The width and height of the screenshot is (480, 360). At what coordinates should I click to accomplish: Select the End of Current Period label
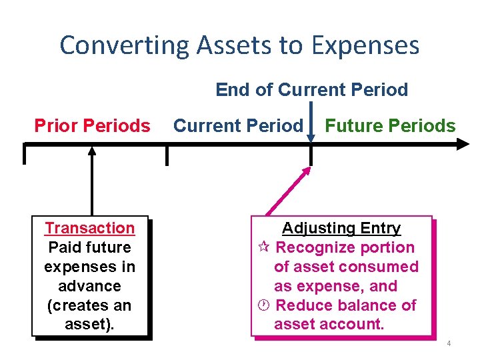pos(311,90)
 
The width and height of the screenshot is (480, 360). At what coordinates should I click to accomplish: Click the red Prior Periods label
pos(92,125)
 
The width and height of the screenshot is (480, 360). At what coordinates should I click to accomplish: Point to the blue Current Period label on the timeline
pos(237,125)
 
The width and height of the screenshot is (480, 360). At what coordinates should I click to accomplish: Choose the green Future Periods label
pos(390,125)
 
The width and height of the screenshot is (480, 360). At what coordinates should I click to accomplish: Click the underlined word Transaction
pos(89,228)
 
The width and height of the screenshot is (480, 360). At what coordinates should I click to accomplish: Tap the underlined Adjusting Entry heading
pos(341,228)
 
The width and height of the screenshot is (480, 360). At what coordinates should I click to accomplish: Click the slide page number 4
pos(449,343)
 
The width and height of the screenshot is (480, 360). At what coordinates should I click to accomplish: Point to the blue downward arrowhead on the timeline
pos(311,137)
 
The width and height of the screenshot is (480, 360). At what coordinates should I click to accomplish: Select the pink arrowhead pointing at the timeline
pos(306,171)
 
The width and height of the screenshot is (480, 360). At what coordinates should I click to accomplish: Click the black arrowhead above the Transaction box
pos(92,151)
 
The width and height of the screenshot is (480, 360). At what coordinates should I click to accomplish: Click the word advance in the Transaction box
pos(89,286)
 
